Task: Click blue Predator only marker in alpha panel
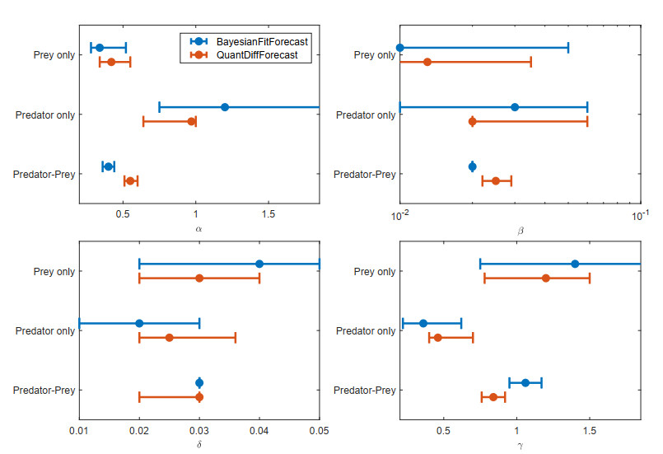(x=225, y=107)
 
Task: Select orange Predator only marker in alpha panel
(x=192, y=121)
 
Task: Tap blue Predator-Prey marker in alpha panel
(x=108, y=166)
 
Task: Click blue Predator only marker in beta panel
(x=515, y=107)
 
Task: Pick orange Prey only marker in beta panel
(x=427, y=62)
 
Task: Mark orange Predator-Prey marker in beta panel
(x=496, y=180)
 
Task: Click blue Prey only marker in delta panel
(x=259, y=264)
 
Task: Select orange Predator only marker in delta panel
(x=169, y=338)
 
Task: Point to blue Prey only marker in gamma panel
(x=575, y=264)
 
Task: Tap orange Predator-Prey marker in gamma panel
(x=493, y=397)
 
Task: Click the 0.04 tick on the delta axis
(x=259, y=429)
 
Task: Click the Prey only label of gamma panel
(x=375, y=271)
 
